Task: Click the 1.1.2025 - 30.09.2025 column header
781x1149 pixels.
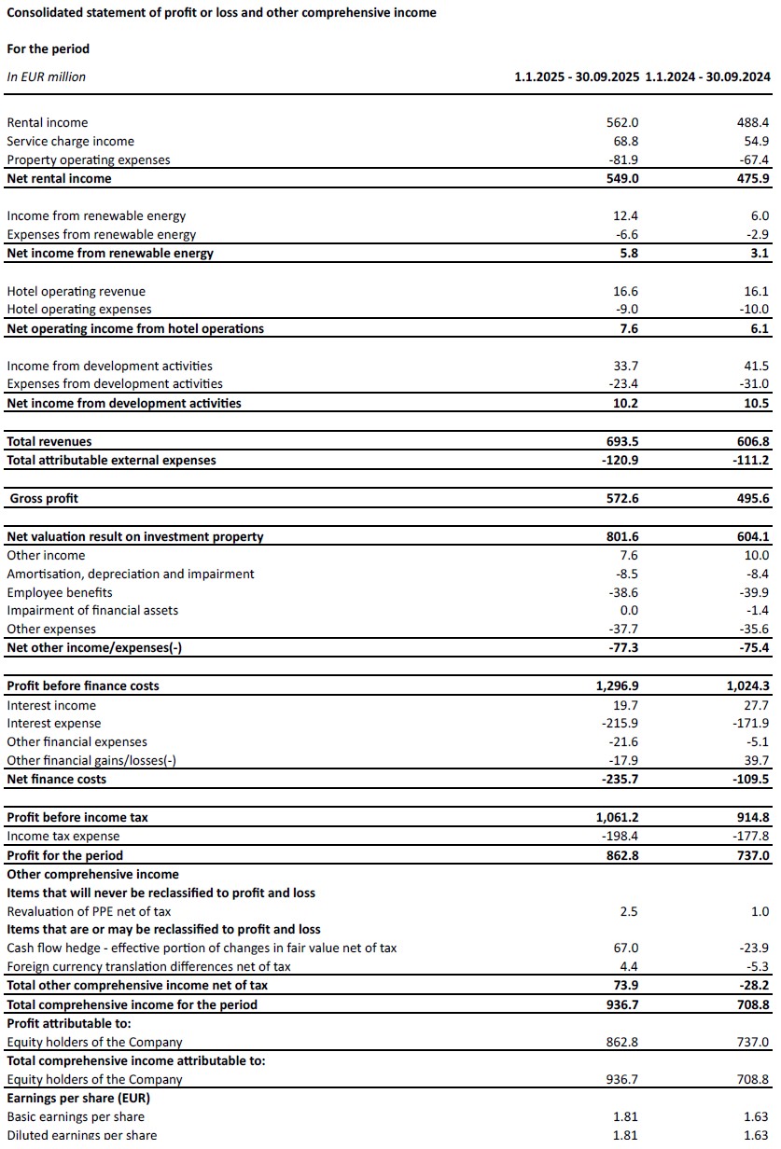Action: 577,77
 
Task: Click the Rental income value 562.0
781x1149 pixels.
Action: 622,122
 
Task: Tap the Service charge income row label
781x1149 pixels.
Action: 70,141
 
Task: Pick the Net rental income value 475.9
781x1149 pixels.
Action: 753,178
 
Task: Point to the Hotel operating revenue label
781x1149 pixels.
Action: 76,291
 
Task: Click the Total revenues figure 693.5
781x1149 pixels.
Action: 622,441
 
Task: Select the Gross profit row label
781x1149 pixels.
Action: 44,498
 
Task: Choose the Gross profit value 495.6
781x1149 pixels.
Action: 753,498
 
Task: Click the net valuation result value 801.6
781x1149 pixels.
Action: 622,536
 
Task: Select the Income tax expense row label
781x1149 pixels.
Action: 63,836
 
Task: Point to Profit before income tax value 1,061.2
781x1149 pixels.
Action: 617,817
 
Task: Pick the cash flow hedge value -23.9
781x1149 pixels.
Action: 753,948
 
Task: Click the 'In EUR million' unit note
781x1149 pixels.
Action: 46,77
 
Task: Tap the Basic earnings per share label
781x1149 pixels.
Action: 76,1116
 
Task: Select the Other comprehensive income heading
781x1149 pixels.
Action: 92,874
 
